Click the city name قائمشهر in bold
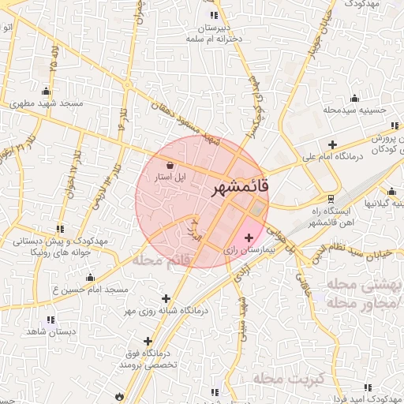pyautogui.click(x=241, y=189)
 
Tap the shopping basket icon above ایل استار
pyautogui.click(x=171, y=165)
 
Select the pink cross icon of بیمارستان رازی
pyautogui.click(x=249, y=237)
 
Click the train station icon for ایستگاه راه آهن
pyautogui.click(x=331, y=198)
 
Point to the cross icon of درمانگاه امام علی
pyautogui.click(x=333, y=145)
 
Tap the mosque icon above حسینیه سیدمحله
pyautogui.click(x=354, y=99)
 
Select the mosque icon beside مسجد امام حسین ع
pyautogui.click(x=90, y=278)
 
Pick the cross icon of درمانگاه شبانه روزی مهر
pyautogui.click(x=166, y=298)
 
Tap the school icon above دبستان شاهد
pyautogui.click(x=51, y=320)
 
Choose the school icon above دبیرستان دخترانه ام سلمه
pyautogui.click(x=213, y=16)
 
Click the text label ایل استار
pyautogui.click(x=169, y=178)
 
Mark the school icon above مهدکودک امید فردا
pyautogui.click(x=366, y=387)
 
